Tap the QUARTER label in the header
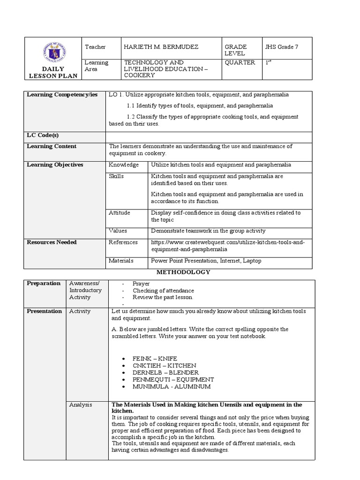coord(240,63)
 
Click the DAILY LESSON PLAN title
coord(53,73)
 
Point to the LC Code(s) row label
coord(43,135)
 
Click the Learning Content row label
coord(52,146)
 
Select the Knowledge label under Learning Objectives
coord(124,165)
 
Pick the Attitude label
coord(120,213)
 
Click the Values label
coord(118,231)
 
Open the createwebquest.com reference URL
coord(227,246)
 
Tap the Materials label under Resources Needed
coord(121,261)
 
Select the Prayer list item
coord(141,284)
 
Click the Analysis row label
coord(81,405)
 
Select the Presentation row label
coord(44,311)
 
